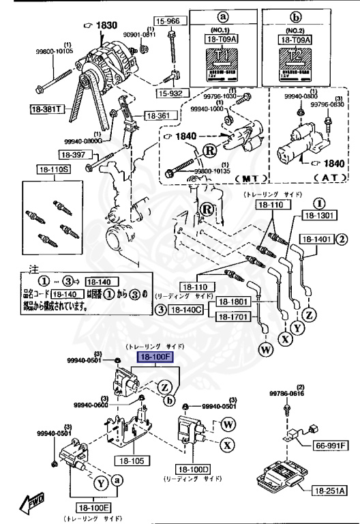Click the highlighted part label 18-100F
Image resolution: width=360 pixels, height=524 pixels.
(156, 356)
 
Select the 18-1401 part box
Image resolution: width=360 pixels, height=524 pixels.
(315, 239)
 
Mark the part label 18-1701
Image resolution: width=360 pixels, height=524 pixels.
(233, 317)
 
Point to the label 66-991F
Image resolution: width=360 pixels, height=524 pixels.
(331, 446)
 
